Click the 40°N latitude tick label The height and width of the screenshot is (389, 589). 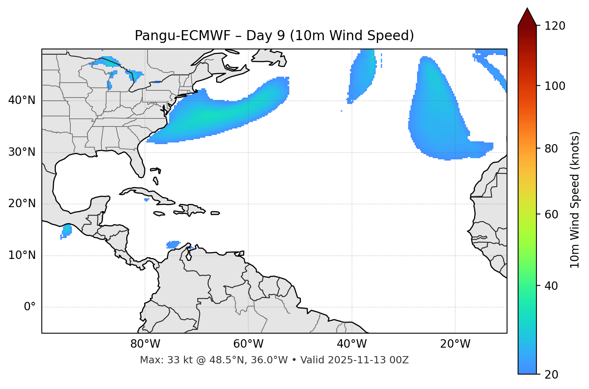(22, 100)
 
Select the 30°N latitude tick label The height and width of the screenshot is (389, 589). (22, 152)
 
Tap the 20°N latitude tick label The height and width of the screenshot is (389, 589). (22, 204)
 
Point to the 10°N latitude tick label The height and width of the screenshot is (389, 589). (22, 255)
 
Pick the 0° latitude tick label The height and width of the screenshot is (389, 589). (30, 307)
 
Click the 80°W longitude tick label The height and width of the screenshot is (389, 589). (145, 344)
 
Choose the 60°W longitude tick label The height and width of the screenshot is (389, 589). (248, 344)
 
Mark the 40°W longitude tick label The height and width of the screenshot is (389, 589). (352, 344)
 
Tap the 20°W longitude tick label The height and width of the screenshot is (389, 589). (455, 344)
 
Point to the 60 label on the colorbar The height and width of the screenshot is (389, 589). (551, 214)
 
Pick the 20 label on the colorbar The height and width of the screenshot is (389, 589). (551, 375)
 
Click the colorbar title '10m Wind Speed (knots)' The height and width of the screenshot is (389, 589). (575, 200)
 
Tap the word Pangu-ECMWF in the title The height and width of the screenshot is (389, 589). (183, 36)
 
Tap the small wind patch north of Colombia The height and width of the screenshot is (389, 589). (173, 244)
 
